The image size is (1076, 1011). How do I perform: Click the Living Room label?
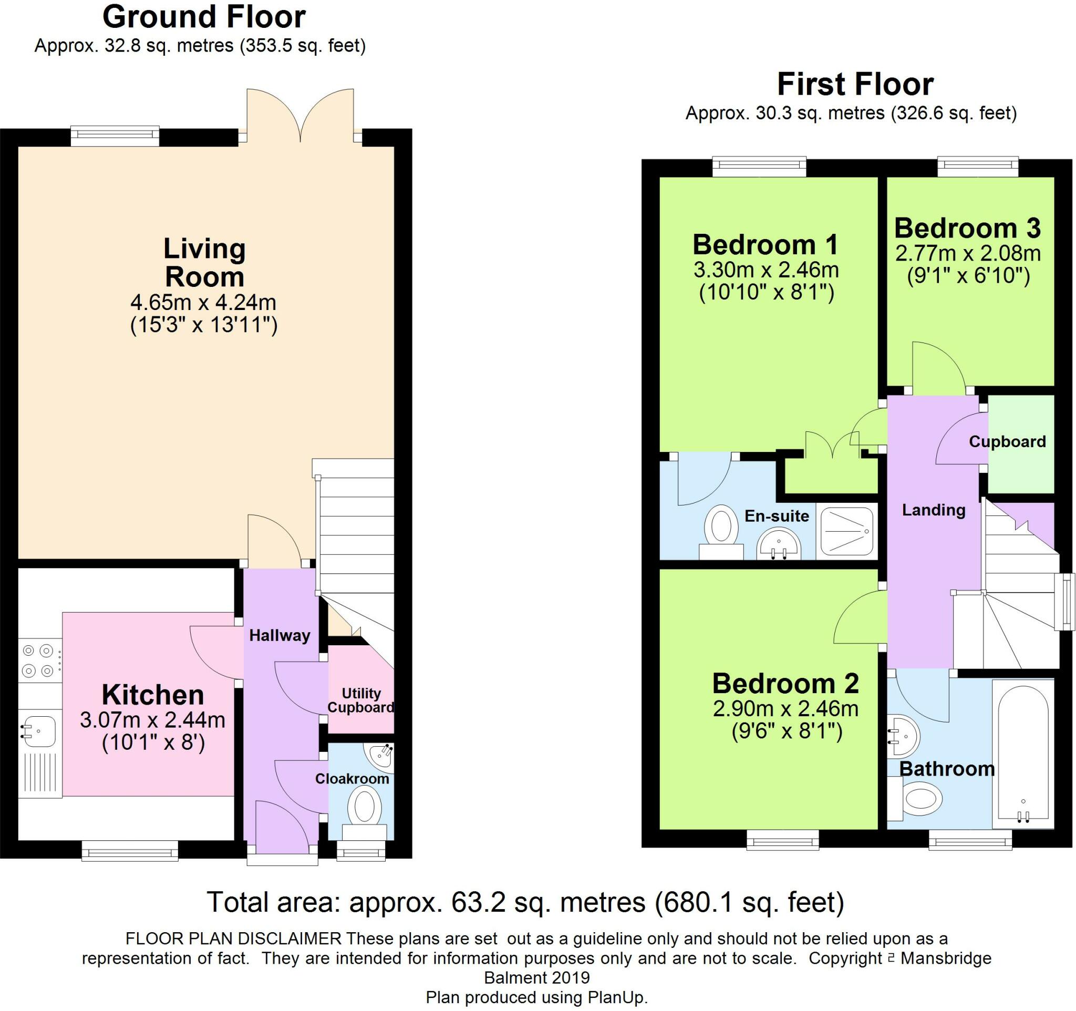[204, 263]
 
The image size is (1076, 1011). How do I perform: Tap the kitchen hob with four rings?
[38, 661]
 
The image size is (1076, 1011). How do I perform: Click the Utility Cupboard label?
[360, 700]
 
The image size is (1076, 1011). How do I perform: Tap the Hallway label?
[280, 635]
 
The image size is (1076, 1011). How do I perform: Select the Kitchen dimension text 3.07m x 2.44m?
[153, 720]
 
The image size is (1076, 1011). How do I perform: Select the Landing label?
[934, 510]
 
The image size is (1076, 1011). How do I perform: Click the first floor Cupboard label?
[1007, 441]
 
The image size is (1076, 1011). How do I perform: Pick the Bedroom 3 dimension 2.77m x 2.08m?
[968, 253]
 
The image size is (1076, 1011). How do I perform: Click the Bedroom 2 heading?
[785, 684]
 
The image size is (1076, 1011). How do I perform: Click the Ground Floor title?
[204, 17]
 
